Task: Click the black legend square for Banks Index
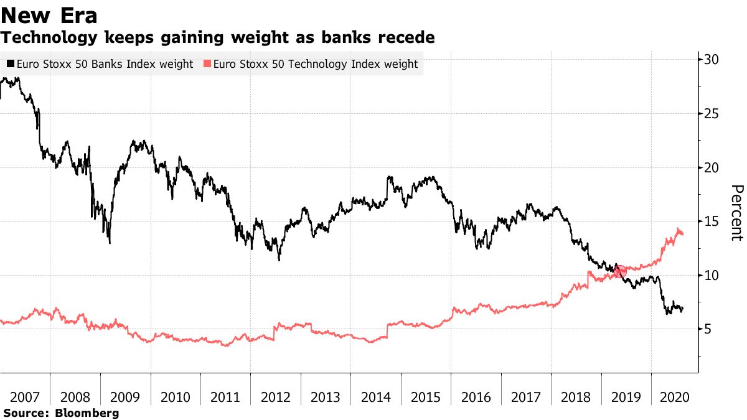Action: click(11, 64)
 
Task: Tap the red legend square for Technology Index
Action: click(207, 64)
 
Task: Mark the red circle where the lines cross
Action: click(619, 271)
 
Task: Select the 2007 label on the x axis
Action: click(25, 396)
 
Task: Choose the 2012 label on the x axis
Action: click(275, 396)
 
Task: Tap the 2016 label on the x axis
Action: click(476, 396)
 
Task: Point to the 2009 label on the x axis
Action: click(125, 396)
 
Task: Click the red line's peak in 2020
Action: click(678, 229)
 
